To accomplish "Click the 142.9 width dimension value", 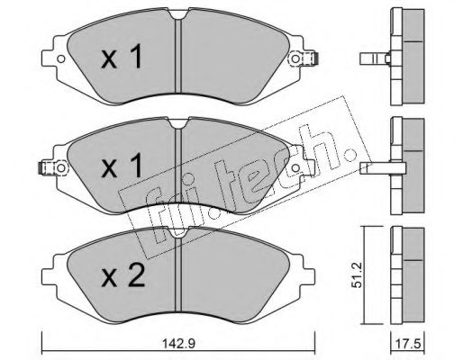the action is coord(178,344).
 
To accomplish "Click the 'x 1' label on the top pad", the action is coord(122,57).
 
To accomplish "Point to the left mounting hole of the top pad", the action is coord(61,58).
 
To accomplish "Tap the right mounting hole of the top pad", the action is coord(295,58).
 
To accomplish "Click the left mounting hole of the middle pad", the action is coord(61,168).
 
